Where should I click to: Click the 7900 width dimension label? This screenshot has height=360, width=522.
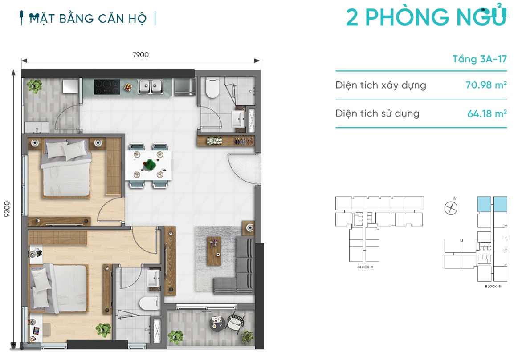(140, 55)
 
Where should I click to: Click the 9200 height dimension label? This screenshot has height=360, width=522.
(7, 209)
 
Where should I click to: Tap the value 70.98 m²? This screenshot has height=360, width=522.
(486, 85)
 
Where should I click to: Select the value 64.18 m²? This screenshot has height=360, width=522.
(487, 113)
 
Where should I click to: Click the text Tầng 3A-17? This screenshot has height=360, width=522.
(479, 59)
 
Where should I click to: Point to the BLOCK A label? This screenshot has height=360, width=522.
(365, 267)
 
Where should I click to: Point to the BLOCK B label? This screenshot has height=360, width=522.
(493, 286)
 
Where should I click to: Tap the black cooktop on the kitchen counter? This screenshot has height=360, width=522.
(107, 87)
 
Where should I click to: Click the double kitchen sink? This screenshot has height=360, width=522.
(151, 87)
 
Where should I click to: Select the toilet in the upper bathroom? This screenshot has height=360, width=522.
(212, 88)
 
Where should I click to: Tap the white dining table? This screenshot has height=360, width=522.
(148, 166)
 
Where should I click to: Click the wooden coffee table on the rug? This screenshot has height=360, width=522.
(214, 251)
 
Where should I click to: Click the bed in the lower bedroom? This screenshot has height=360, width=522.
(59, 288)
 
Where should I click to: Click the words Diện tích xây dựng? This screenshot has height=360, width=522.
(380, 85)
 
